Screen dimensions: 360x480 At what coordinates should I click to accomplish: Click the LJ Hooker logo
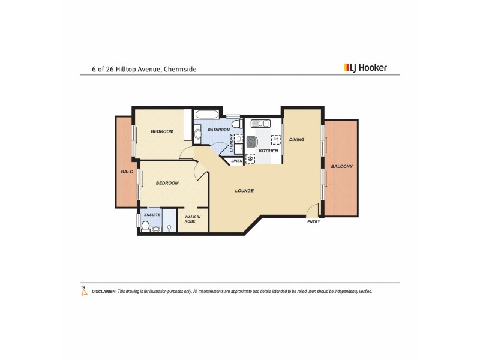(365, 68)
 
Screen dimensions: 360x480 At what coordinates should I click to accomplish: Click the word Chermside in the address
(179, 69)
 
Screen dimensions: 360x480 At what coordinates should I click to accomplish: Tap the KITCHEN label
(268, 151)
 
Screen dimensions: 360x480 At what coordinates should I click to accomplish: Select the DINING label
(297, 139)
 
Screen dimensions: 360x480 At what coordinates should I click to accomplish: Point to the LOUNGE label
(244, 191)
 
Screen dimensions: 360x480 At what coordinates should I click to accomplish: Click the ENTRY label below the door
(314, 222)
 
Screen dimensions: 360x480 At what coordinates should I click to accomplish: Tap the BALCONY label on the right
(341, 166)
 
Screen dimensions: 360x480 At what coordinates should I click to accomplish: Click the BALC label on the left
(127, 172)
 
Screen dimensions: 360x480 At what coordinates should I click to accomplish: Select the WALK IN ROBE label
(193, 219)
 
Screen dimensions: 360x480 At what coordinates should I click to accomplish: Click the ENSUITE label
(152, 214)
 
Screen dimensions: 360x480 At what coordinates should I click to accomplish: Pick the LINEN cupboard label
(236, 161)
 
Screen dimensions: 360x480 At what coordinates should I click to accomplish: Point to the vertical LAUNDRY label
(231, 144)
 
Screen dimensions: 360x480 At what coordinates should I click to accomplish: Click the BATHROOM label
(218, 130)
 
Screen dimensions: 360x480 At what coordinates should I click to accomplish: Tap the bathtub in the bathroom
(208, 115)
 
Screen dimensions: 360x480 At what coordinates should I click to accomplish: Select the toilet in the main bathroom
(236, 125)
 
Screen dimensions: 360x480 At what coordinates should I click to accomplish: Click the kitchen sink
(262, 124)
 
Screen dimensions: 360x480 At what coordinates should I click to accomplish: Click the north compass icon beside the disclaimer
(83, 290)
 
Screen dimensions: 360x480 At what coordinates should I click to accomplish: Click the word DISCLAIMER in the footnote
(104, 291)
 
